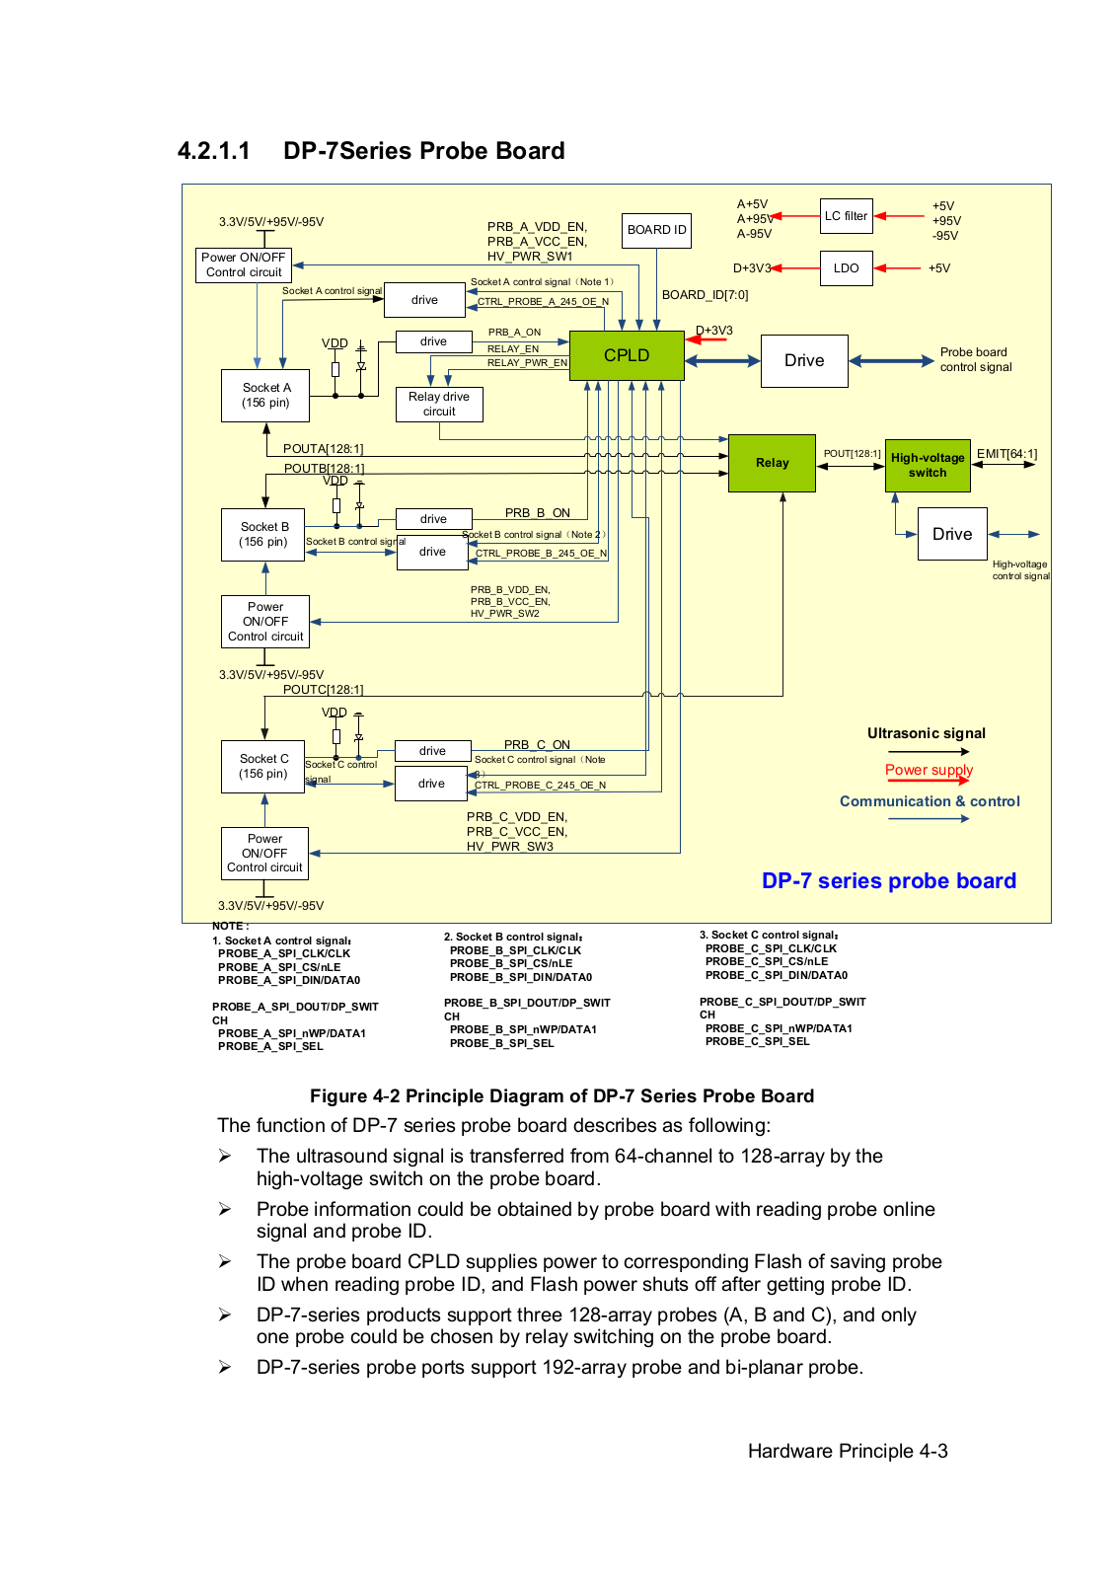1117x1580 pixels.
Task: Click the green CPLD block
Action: [x=627, y=355]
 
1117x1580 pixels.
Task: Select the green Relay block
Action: [x=772, y=463]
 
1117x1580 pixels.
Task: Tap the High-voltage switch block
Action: [x=928, y=465]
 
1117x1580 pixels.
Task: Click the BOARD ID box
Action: [x=656, y=230]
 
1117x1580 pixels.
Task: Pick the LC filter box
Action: [x=847, y=216]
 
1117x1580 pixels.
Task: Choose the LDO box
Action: [x=846, y=268]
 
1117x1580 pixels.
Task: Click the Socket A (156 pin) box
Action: [x=265, y=396]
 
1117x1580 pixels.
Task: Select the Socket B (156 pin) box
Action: [x=263, y=535]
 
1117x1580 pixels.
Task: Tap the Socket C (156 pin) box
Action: [x=263, y=767]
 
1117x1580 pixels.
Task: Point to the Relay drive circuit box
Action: [x=439, y=404]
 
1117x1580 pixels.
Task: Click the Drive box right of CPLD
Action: [x=804, y=361]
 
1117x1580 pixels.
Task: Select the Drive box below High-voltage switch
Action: [x=952, y=534]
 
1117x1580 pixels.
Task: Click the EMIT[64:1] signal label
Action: [x=1006, y=454]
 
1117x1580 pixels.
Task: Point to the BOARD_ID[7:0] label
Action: [x=705, y=295]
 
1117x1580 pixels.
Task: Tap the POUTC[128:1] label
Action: [x=323, y=690]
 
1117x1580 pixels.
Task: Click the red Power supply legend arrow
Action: [x=928, y=781]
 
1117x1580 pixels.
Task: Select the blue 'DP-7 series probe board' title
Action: [x=888, y=880]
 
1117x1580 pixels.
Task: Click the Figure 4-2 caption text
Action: [x=561, y=1096]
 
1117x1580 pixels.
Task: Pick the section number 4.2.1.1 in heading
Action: [x=214, y=151]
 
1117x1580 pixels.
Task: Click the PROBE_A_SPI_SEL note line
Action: [x=270, y=1046]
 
